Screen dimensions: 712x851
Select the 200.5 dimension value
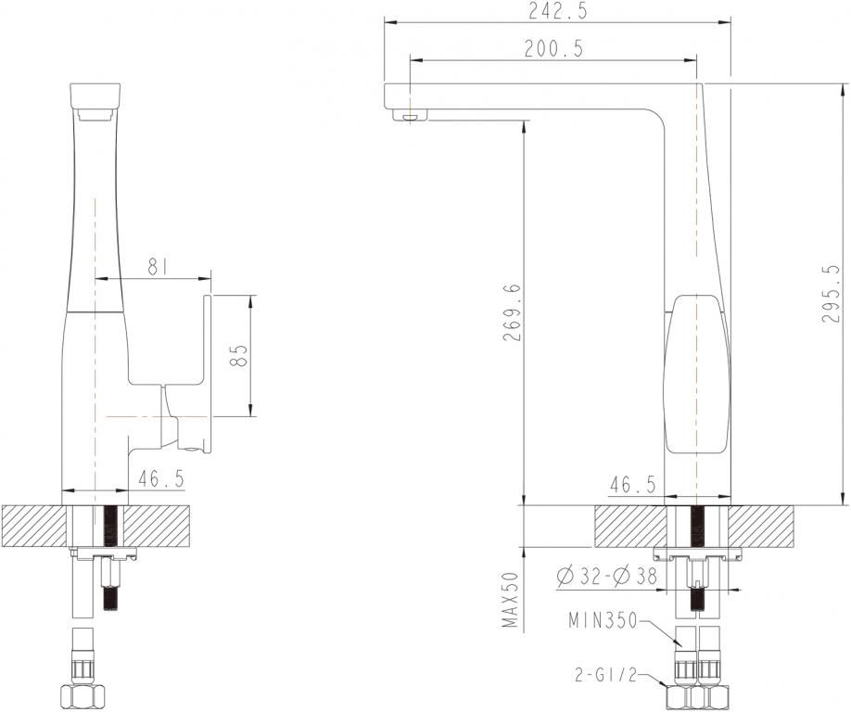click(553, 50)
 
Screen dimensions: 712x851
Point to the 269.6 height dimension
click(512, 312)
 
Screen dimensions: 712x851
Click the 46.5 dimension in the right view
click(633, 484)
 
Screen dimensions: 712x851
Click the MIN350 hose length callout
click(603, 621)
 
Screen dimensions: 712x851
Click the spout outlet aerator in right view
click(409, 116)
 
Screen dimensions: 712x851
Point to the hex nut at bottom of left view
click(82, 695)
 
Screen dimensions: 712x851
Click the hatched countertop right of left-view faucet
click(158, 526)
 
